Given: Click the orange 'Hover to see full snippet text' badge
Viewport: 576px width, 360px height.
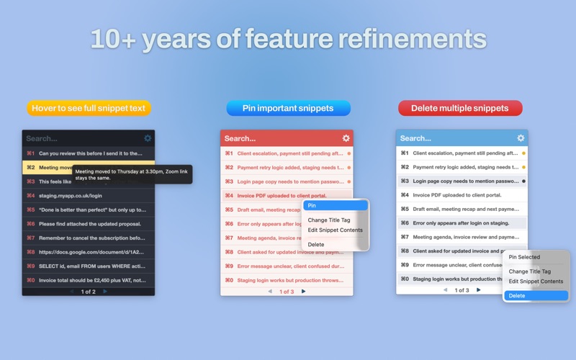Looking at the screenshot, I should pyautogui.click(x=89, y=109).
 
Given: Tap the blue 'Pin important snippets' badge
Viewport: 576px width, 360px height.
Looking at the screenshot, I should pyautogui.click(x=288, y=109).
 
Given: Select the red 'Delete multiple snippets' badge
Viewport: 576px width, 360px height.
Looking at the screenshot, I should pyautogui.click(x=460, y=109).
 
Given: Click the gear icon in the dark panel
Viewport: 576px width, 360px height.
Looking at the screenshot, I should pyautogui.click(x=148, y=138).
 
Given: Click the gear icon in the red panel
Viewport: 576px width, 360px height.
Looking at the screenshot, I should pyautogui.click(x=346, y=138).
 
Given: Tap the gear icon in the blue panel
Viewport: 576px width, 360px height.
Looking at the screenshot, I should pyautogui.click(x=521, y=138).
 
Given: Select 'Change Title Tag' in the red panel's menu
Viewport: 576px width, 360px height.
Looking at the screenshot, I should pyautogui.click(x=328, y=220).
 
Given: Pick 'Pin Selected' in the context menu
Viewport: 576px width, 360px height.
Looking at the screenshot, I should pyautogui.click(x=524, y=257).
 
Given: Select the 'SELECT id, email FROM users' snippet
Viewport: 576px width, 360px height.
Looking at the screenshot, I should pyautogui.click(x=88, y=266).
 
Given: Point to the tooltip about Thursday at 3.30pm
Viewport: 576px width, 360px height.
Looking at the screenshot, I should pyautogui.click(x=132, y=174).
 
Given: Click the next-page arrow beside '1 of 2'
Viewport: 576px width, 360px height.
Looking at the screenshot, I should pyautogui.click(x=106, y=292).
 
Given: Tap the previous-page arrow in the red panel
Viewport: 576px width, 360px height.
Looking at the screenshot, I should pyautogui.click(x=270, y=292).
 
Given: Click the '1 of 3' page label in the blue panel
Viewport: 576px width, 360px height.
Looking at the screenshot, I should pyautogui.click(x=462, y=290).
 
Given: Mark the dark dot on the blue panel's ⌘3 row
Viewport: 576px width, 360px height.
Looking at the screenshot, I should pyautogui.click(x=523, y=181).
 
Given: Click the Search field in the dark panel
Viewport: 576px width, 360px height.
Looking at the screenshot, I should pyautogui.click(x=79, y=138).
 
